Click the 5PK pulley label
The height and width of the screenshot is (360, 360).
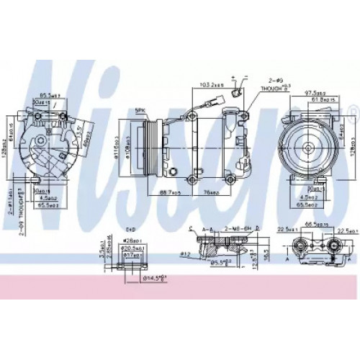coord(142,110)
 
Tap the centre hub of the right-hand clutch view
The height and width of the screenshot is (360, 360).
coord(309,147)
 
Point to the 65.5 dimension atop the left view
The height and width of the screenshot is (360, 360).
coord(49,94)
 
